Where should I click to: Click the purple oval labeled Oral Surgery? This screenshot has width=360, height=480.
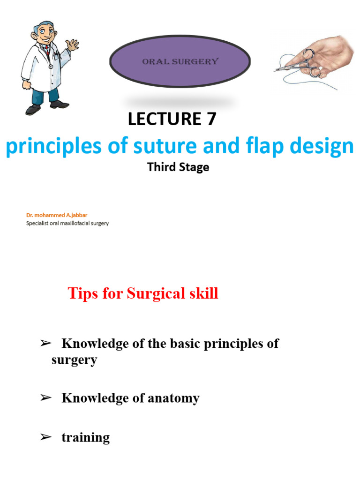(x=180, y=61)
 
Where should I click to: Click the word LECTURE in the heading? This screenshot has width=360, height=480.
(x=161, y=120)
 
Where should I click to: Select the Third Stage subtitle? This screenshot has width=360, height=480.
(x=178, y=167)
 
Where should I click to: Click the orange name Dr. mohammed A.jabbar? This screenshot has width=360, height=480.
(x=57, y=215)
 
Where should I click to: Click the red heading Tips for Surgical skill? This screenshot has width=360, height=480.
(x=143, y=294)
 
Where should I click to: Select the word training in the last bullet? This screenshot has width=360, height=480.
(x=86, y=438)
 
